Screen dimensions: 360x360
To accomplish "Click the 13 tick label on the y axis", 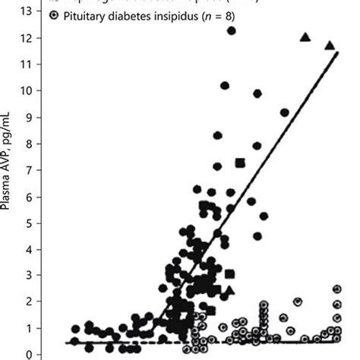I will (x=29, y=11).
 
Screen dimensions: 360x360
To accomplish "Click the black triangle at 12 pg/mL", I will (x=305, y=37).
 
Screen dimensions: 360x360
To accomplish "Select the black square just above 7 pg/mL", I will (x=240, y=163).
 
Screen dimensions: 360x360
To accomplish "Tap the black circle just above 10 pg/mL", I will (x=225, y=86).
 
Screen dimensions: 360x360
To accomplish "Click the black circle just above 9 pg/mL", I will (x=285, y=112).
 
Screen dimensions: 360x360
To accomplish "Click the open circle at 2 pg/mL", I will (x=298, y=302).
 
